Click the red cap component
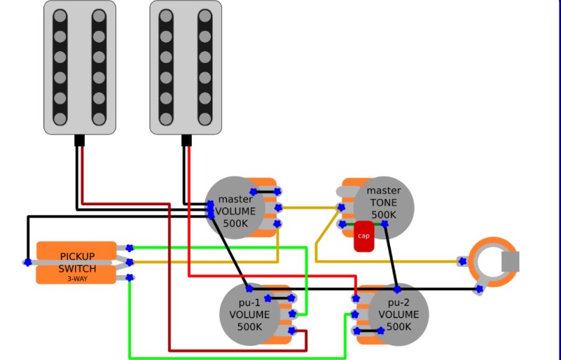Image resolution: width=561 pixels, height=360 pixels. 363,236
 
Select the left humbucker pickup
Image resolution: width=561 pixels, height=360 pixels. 79,67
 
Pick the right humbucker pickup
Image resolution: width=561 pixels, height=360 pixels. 186,67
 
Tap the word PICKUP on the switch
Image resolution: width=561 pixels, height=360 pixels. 77,256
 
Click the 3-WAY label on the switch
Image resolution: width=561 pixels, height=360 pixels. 77,279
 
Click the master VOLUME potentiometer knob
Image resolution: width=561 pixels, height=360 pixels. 235,207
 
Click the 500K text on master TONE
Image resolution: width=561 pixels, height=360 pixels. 384,215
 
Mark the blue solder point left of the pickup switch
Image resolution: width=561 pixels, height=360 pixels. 27,263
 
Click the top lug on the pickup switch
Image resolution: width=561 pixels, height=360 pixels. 130,247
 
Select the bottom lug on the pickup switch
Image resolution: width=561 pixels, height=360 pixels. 130,278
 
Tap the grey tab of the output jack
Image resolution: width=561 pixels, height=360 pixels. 511,261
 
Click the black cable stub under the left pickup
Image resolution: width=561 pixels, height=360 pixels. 79,140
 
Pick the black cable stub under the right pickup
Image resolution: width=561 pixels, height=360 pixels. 186,140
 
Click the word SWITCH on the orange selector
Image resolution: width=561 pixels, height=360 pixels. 77,268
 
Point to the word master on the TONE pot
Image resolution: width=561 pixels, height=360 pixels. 384,191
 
